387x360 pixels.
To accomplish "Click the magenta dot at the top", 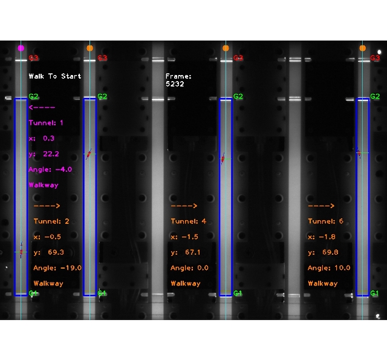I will point(21,48).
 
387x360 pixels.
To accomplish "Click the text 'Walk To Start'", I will point(54,76).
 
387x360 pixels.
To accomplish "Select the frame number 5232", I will point(175,84).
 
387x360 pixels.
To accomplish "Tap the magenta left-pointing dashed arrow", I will point(42,107).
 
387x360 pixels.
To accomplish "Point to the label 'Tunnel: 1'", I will point(45,123).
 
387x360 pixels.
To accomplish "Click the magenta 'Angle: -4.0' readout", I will point(50,169).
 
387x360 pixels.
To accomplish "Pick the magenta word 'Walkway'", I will point(44,185).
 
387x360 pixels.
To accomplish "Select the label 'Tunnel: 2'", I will point(51,221).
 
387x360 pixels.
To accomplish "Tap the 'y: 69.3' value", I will point(49,252).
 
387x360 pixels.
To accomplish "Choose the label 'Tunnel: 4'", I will point(188,221).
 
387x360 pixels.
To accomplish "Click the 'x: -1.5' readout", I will point(184,237).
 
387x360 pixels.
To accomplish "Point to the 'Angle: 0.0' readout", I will point(189,267).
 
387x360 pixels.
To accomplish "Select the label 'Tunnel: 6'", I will point(325,221).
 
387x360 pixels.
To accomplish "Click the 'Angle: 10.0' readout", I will point(328,267).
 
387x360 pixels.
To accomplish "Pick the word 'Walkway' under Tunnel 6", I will point(322,283).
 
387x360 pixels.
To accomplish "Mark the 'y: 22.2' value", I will point(44,154).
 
